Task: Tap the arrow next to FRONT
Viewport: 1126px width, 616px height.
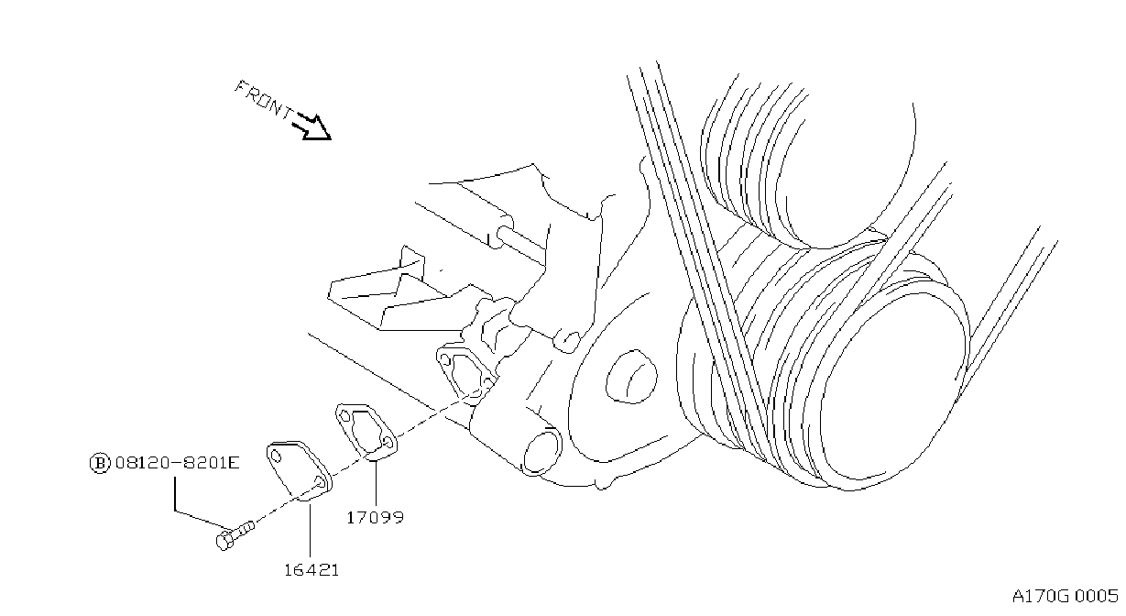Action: pyautogui.click(x=312, y=127)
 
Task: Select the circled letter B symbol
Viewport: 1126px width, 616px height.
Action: pyautogui.click(x=100, y=463)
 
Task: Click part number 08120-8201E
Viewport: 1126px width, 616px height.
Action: pyautogui.click(x=178, y=463)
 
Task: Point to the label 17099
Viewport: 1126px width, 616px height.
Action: pyautogui.click(x=376, y=517)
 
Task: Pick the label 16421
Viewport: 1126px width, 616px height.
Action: pyautogui.click(x=312, y=570)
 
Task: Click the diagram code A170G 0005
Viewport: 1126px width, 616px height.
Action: pyautogui.click(x=1066, y=597)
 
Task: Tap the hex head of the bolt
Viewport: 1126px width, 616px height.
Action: pyautogui.click(x=224, y=541)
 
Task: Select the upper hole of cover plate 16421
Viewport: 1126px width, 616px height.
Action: pyautogui.click(x=276, y=456)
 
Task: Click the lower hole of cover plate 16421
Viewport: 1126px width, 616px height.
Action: pyautogui.click(x=320, y=481)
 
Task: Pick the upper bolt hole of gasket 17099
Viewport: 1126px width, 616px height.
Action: pyautogui.click(x=344, y=416)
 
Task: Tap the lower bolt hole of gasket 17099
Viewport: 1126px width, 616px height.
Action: pyautogui.click(x=388, y=442)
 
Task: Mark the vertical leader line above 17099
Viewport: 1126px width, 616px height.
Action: pyautogui.click(x=376, y=483)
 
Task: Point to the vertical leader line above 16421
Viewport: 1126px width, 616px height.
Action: pyautogui.click(x=311, y=530)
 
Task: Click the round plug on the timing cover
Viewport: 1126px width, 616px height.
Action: pyautogui.click(x=631, y=376)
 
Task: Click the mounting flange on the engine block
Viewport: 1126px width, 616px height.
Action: pyautogui.click(x=465, y=371)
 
